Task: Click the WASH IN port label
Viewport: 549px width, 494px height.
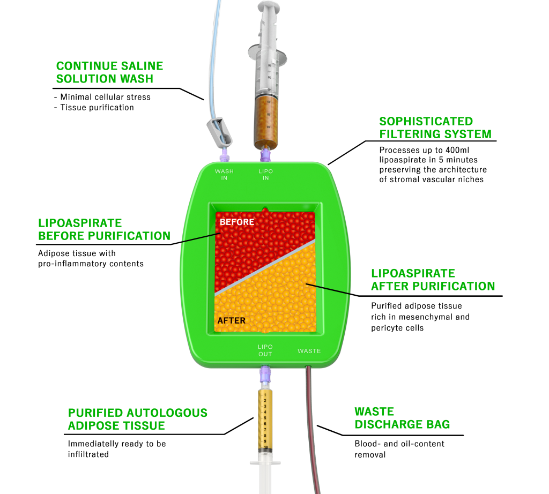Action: pos(224,175)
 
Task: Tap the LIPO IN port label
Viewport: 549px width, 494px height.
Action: pos(266,175)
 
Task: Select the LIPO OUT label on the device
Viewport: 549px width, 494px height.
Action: pos(265,350)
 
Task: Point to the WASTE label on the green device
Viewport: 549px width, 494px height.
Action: pos(309,351)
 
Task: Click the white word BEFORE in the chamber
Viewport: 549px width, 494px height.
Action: pos(237,222)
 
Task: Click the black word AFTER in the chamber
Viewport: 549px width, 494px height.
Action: pos(232,320)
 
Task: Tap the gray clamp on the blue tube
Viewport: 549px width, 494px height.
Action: pos(219,132)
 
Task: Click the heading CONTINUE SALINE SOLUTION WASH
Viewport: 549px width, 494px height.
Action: pos(109,72)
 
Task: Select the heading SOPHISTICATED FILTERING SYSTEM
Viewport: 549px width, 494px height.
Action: pos(435,128)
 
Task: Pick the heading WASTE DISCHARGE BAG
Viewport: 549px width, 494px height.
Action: pos(402,418)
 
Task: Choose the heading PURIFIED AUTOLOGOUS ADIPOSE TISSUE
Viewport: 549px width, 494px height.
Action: pos(138,419)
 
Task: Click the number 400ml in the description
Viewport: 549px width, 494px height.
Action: pos(457,150)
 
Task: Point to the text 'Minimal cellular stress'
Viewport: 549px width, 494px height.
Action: pos(106,97)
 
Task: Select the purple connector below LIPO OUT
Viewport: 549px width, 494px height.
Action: pos(265,375)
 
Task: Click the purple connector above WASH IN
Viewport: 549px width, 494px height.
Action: pos(224,154)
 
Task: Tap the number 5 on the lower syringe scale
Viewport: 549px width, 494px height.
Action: pos(265,418)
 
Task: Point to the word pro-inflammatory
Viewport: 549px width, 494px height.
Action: pos(72,264)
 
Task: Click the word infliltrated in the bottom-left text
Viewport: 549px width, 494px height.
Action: pos(88,454)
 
